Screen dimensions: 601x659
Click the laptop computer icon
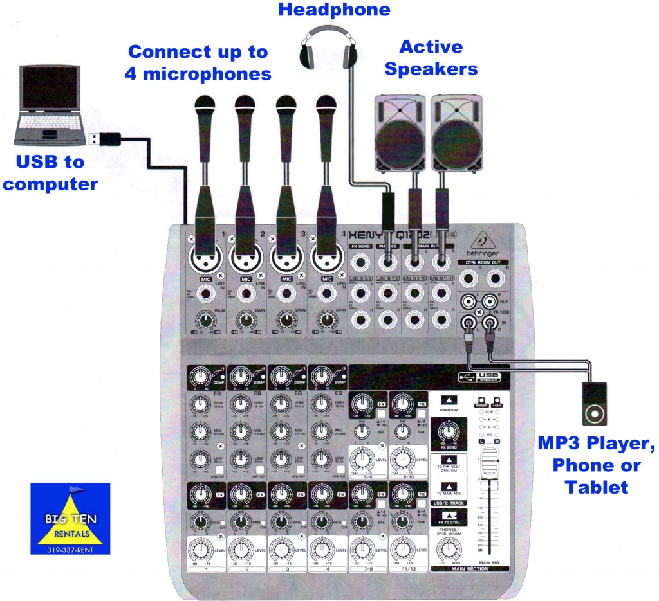(x=50, y=106)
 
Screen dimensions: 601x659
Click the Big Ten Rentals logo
(x=70, y=518)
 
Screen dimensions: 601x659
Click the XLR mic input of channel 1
(x=205, y=260)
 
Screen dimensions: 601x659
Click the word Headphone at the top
(x=334, y=10)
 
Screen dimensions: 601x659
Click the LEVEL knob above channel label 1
(x=205, y=551)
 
